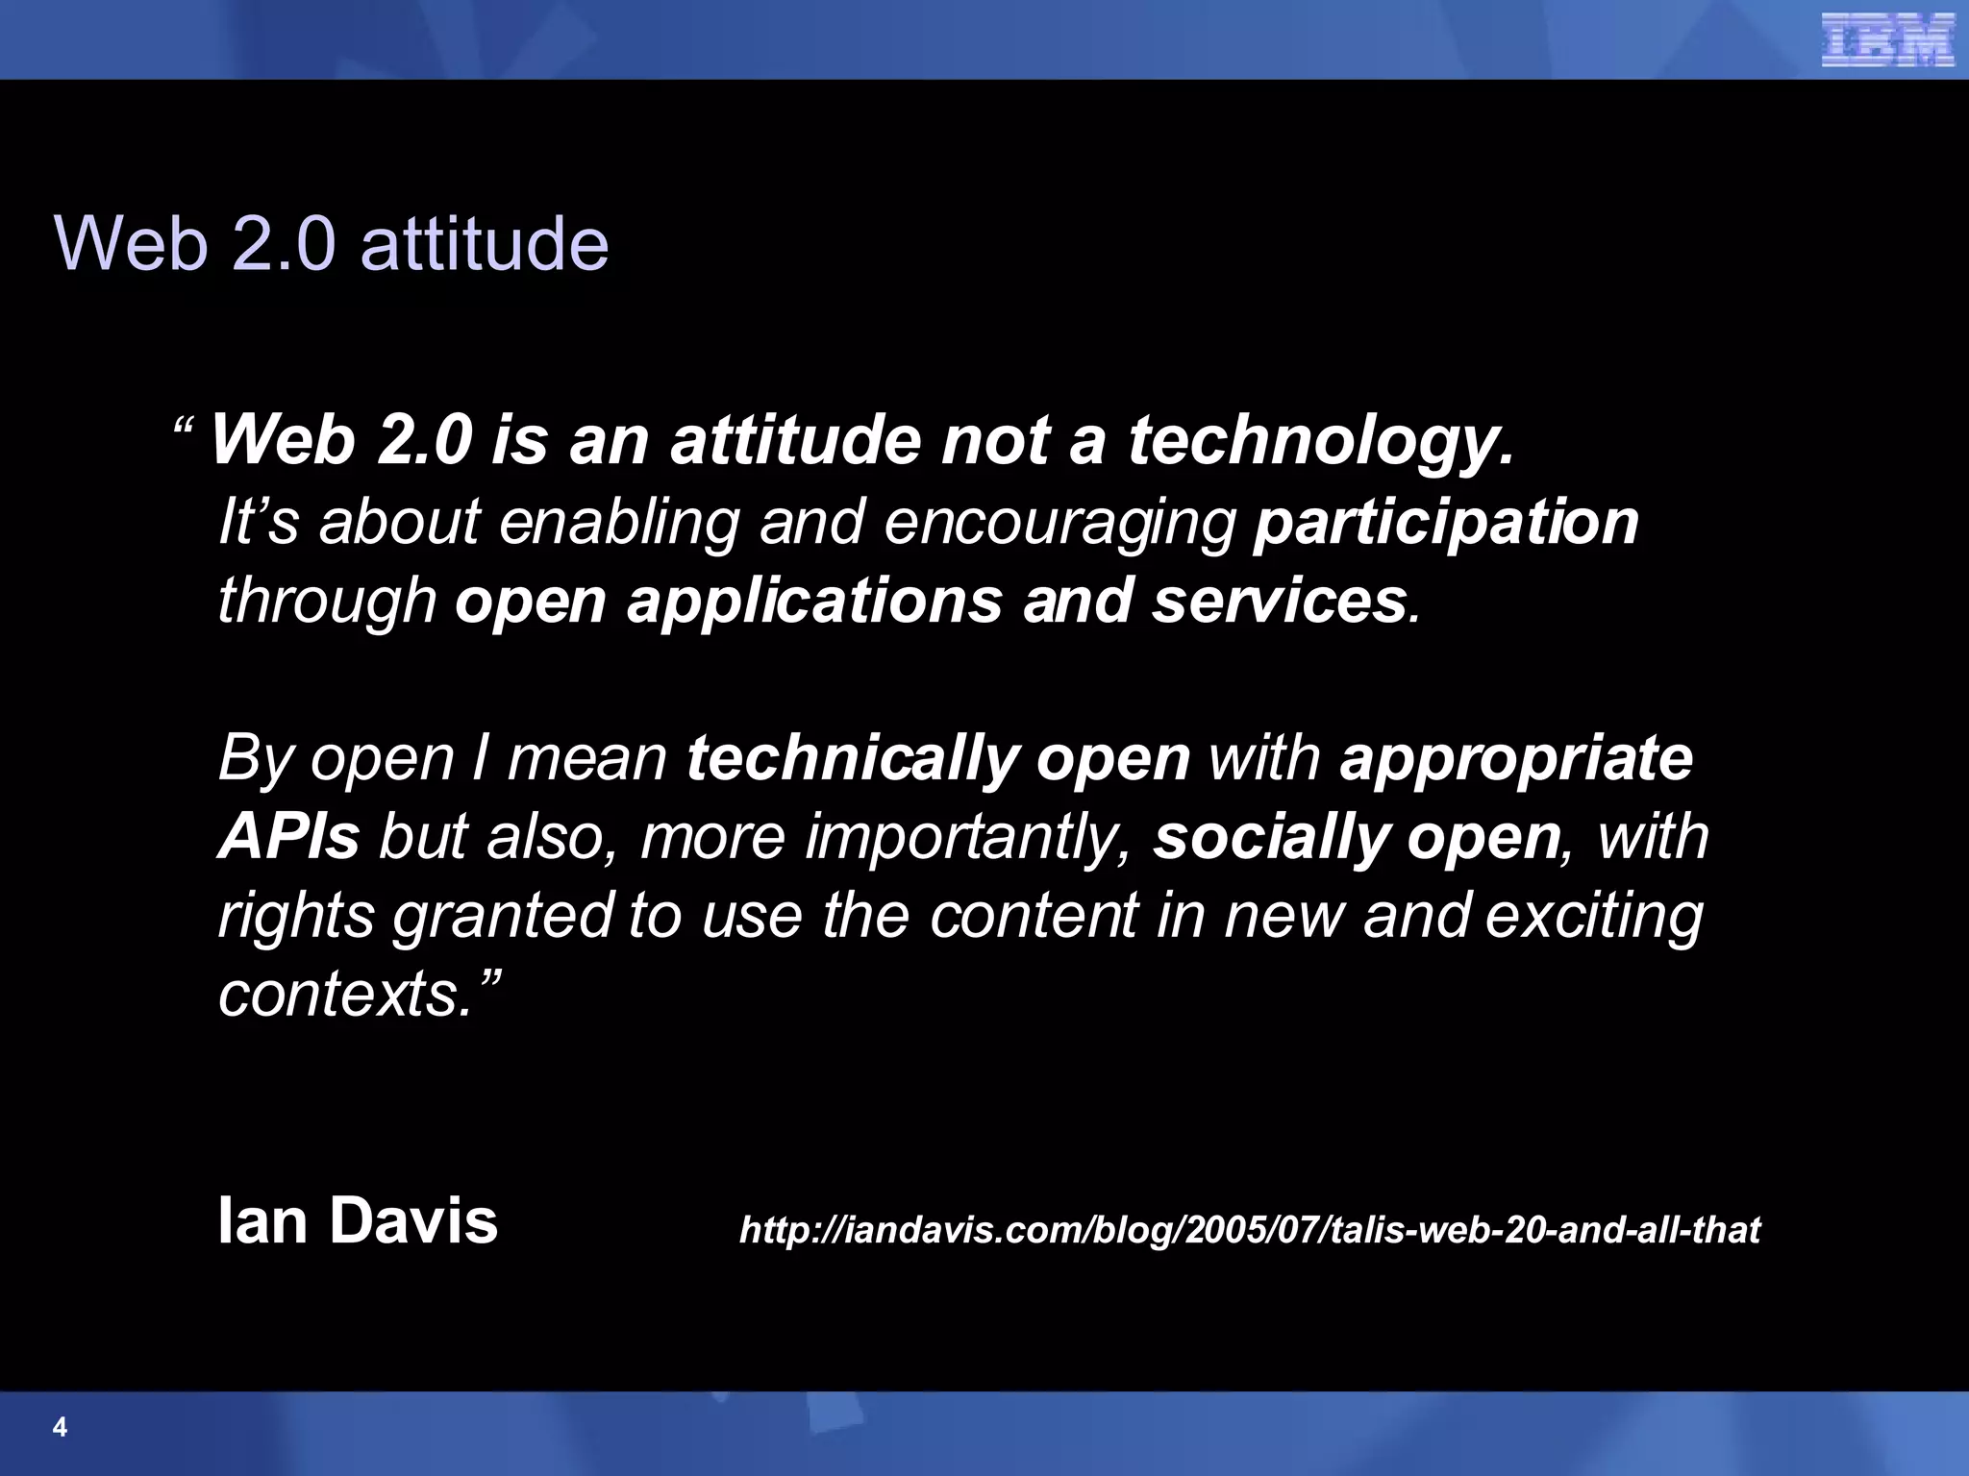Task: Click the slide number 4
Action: click(60, 1427)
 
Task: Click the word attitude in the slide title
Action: click(485, 243)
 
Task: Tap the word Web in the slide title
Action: click(131, 243)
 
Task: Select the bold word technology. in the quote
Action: click(1320, 441)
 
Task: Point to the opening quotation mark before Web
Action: click(184, 426)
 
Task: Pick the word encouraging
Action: click(1059, 524)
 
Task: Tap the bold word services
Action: click(1280, 602)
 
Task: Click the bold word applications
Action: click(814, 603)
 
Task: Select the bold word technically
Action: click(852, 759)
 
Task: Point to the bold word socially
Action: click(1271, 838)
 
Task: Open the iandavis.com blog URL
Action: click(1249, 1230)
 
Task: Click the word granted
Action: click(503, 917)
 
